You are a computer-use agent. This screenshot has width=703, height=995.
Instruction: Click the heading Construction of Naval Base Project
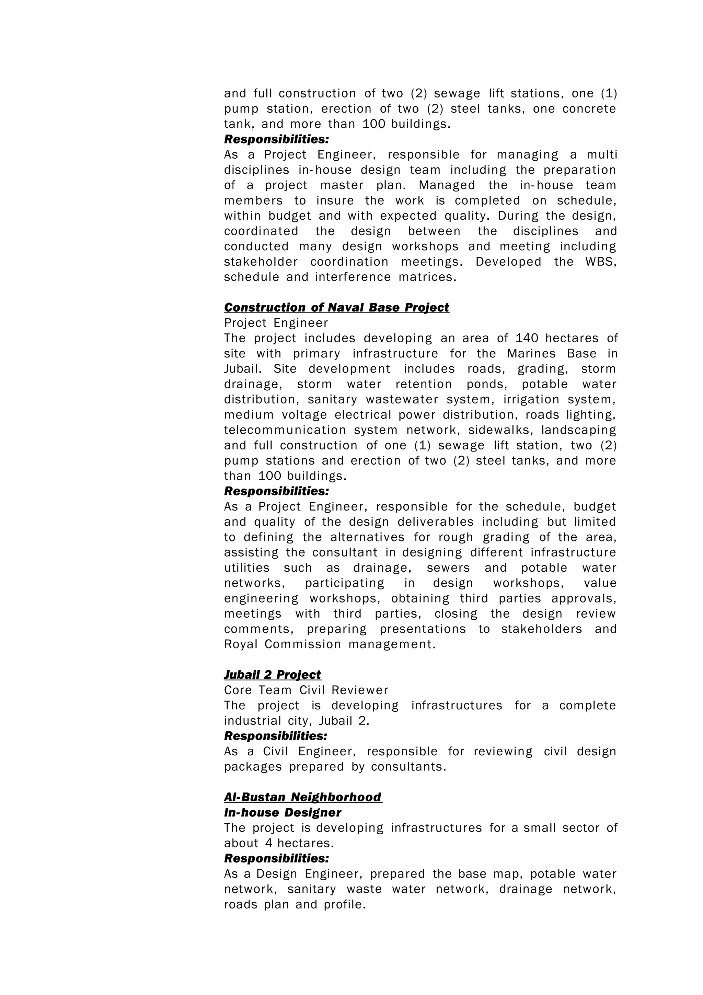pyautogui.click(x=336, y=308)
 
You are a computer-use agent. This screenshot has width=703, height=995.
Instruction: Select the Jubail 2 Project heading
pyautogui.click(x=273, y=675)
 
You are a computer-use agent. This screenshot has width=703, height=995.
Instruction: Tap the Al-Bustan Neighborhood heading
pyautogui.click(x=303, y=797)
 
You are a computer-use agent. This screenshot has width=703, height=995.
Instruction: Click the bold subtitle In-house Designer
pyautogui.click(x=283, y=813)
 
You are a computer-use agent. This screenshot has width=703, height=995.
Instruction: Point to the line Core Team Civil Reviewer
pyautogui.click(x=306, y=690)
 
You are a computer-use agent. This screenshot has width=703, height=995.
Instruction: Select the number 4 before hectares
pyautogui.click(x=268, y=843)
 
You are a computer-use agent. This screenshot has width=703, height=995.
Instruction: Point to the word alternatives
pyautogui.click(x=367, y=537)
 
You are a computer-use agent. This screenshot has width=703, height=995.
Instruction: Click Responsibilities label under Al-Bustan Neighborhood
pyautogui.click(x=276, y=858)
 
